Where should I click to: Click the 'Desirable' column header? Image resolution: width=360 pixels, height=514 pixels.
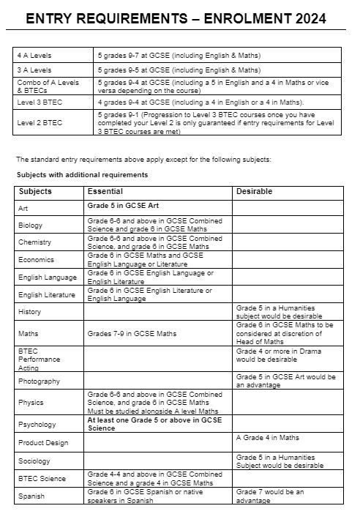(254, 191)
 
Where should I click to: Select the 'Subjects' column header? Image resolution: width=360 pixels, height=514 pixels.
(34, 191)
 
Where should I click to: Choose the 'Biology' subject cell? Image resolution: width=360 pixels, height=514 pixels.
(31, 225)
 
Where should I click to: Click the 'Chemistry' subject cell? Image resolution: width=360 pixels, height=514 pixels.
(34, 242)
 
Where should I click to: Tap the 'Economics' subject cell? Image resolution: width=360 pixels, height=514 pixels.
(36, 258)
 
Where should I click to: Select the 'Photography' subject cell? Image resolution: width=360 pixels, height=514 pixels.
(39, 381)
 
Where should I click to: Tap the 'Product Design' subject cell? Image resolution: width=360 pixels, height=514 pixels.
(42, 442)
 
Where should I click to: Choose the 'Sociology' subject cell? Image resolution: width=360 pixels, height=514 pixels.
(34, 461)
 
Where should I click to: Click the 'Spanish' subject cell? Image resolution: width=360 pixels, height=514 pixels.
(31, 496)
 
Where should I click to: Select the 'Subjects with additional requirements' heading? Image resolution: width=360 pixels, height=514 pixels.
(82, 175)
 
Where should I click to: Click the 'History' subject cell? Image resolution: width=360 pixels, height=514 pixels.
(30, 312)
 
